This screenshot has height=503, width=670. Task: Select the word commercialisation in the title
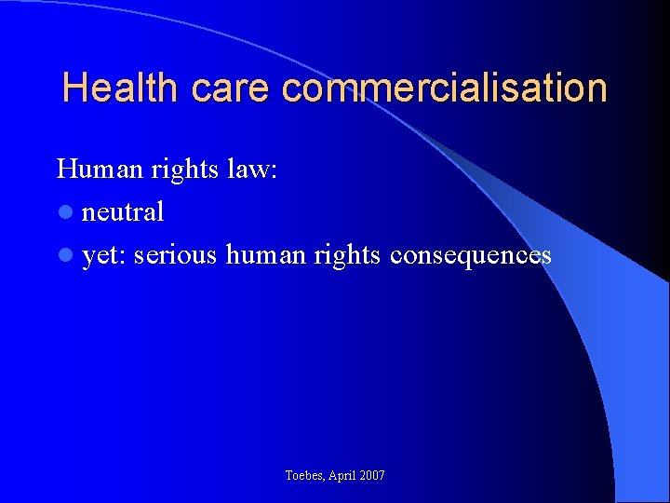pos(444,88)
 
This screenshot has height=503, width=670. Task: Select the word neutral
pos(123,212)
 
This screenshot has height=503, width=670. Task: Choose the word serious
pos(176,255)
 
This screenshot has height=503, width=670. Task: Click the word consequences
pos(471,255)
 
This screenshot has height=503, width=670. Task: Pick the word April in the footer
pos(345,476)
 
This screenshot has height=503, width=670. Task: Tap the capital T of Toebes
pos(288,476)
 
